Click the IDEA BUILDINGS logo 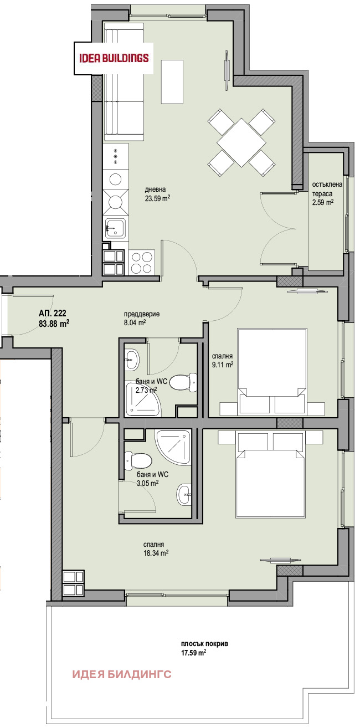114,59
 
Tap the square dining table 241,142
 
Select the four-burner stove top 142,263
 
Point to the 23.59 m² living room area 158,198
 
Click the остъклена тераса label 327,189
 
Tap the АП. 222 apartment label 52,313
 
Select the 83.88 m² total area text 54,324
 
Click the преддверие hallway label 141,314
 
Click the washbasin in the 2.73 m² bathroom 132,360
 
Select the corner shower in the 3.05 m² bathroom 173,447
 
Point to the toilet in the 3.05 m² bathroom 138,462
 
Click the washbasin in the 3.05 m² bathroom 184,495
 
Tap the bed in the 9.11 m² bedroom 272,371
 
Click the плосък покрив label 205,644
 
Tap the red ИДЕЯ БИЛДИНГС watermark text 121,674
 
